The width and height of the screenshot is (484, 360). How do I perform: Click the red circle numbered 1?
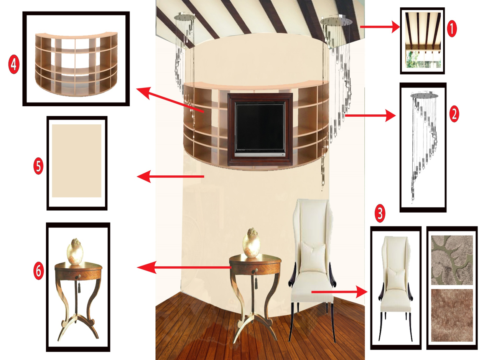point(452,29)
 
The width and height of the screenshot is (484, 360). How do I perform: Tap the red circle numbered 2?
point(454,114)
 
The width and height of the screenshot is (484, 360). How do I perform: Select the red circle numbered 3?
point(380,213)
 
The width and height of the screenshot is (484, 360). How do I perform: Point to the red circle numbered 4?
point(14,65)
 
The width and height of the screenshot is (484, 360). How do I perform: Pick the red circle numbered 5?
point(38,167)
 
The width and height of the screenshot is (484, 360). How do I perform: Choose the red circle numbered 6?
point(38,271)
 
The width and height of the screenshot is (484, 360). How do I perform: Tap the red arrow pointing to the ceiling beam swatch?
point(380,27)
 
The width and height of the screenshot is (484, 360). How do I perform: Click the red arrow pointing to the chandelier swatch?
point(370,115)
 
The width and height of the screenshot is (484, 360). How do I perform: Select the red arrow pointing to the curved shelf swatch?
point(170,100)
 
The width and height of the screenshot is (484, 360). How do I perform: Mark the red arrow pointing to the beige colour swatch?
point(170,176)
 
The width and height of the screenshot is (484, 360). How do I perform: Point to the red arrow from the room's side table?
point(184,268)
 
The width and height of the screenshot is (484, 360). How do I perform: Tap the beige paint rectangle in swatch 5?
point(77,161)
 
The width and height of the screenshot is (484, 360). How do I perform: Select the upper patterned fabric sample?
point(452,260)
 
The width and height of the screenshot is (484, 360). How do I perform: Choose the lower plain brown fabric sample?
point(452,315)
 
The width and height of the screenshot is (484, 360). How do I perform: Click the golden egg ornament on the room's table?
point(251,243)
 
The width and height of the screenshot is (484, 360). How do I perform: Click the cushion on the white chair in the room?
point(313,257)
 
